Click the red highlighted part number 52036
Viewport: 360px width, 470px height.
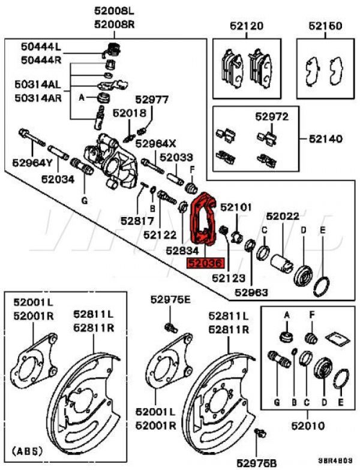(205, 263)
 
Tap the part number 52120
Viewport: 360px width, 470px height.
(247, 26)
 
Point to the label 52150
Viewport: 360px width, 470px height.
(325, 26)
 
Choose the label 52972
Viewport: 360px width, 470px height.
(272, 116)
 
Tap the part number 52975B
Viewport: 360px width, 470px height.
(256, 462)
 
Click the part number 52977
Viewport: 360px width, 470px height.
(152, 100)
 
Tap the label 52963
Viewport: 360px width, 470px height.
(251, 292)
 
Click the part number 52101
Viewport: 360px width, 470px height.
(236, 207)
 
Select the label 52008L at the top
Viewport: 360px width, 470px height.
(115, 11)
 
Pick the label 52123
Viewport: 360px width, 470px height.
(227, 278)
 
